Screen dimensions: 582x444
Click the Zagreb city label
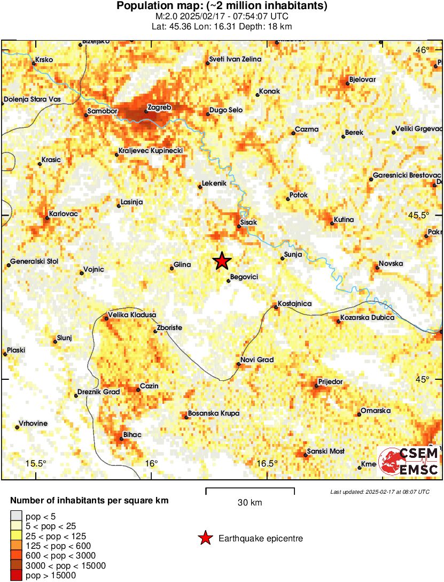[159, 108]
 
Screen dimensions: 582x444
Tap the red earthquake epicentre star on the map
[222, 261]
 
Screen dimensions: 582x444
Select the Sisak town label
[249, 221]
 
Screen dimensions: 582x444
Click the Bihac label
[132, 435]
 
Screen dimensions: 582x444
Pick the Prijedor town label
[330, 381]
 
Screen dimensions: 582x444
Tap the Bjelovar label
[362, 80]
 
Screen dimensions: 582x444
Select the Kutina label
[344, 220]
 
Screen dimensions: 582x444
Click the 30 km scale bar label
[250, 503]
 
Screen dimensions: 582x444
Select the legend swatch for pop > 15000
[16, 576]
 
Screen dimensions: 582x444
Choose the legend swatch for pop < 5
[16, 516]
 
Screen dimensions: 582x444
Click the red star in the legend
[205, 539]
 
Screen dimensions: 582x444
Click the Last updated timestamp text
[379, 492]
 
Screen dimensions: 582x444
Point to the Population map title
[222, 6]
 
